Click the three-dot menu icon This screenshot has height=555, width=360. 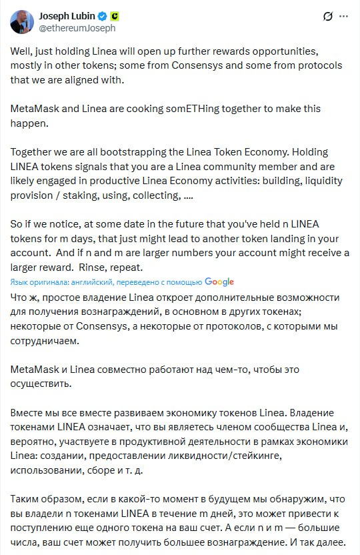pos(343,16)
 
